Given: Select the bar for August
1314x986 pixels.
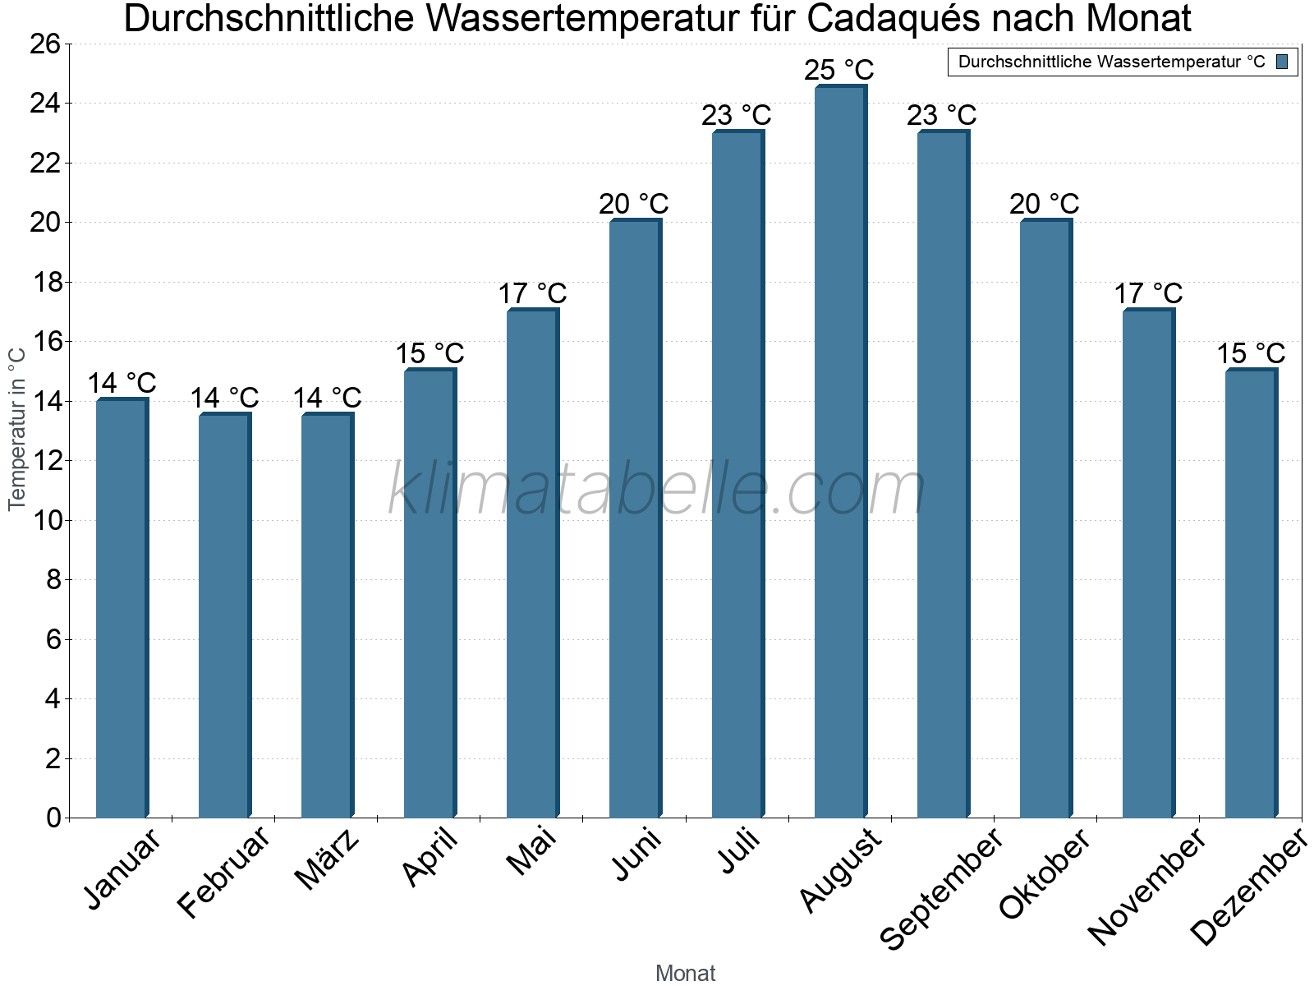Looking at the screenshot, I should click(x=840, y=452).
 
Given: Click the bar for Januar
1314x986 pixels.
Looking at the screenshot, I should click(x=122, y=608).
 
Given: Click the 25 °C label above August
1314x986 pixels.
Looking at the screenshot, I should click(x=839, y=70).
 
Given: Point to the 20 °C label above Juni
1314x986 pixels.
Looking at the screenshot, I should click(x=634, y=204).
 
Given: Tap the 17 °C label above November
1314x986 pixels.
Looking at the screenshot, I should click(x=1148, y=293).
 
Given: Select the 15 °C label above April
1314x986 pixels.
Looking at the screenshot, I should click(x=430, y=353).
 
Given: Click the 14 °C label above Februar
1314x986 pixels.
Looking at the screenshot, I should click(x=224, y=398).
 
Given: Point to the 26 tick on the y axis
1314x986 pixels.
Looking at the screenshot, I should click(x=45, y=44).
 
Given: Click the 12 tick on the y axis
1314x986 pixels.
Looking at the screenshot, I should click(x=45, y=461).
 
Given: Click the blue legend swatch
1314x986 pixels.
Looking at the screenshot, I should click(x=1282, y=62).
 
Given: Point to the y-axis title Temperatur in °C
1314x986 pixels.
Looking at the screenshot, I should click(x=17, y=428).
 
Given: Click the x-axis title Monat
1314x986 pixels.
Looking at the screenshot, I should click(x=685, y=974).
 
